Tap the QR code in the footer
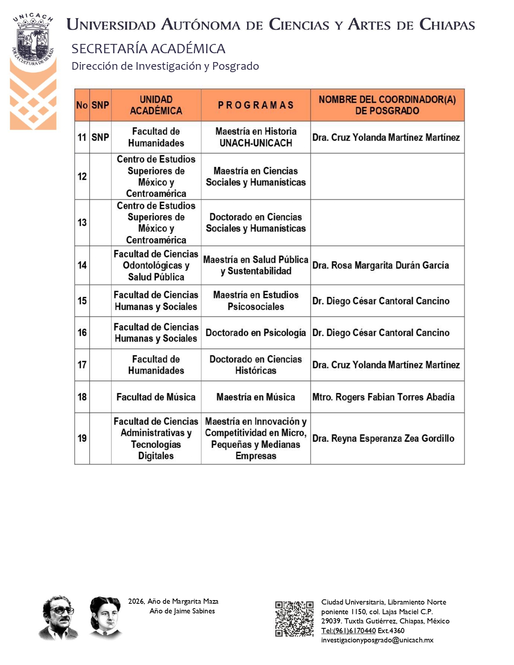[294, 619]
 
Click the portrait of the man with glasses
[58, 617]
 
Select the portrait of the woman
[106, 618]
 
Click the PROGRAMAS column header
[256, 105]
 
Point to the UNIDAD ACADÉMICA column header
[156, 105]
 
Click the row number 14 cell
[82, 265]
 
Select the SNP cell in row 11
[100, 137]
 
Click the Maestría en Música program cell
[256, 397]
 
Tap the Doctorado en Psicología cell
[256, 333]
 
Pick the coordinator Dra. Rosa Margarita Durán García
[381, 265]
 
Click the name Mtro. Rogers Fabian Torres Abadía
[383, 397]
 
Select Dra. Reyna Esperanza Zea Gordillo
[383, 438]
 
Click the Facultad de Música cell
[156, 397]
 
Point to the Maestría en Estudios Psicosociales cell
[256, 301]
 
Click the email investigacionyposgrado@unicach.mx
[377, 640]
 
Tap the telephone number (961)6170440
[349, 631]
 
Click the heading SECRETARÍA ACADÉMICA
[148, 49]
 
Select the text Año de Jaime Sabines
[182, 611]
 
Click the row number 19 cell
[82, 438]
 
